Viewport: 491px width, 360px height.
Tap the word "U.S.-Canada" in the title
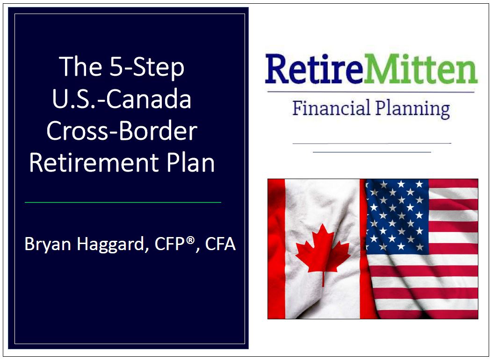coord(122,99)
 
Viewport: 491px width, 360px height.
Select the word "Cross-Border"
coord(122,131)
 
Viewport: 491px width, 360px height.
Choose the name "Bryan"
coord(48,245)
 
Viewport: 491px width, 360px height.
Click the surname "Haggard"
coord(113,245)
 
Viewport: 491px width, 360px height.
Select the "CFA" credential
coord(219,244)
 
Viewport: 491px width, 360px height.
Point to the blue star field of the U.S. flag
coord(397,215)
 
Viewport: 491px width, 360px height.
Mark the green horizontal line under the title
coord(123,202)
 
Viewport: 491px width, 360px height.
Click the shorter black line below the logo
coord(372,152)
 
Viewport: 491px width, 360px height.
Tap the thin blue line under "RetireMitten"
coord(371,92)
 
